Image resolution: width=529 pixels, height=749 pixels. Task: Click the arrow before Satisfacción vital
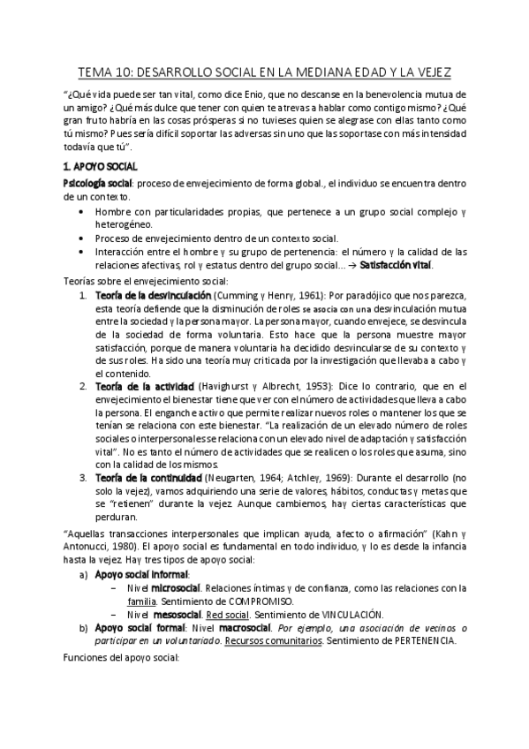[351, 265]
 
